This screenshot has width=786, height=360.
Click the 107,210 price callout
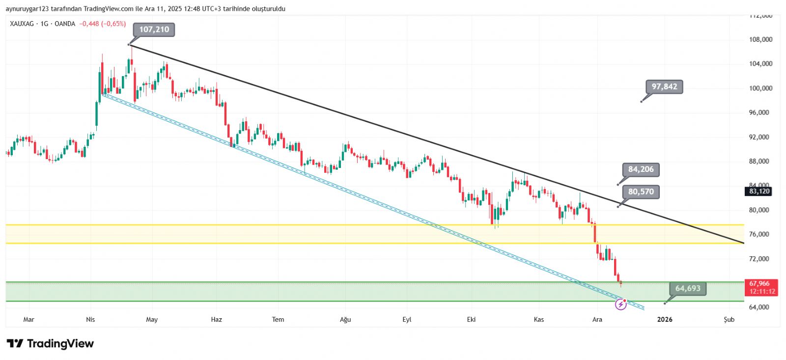[x=154, y=29]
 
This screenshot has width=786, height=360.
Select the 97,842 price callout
[x=664, y=87]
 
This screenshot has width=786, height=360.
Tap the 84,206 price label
[x=641, y=169]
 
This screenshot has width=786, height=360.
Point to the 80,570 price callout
[x=641, y=192]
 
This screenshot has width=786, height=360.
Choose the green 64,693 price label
[x=687, y=288]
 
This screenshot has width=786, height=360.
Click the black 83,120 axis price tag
[x=759, y=192]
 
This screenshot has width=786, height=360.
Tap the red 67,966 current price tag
[x=759, y=283]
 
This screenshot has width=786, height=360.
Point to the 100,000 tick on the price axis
[x=760, y=88]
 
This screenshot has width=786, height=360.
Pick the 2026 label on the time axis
[x=665, y=320]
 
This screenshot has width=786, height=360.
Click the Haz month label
[x=216, y=320]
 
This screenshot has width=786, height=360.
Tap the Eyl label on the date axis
[x=407, y=320]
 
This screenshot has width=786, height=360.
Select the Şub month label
[x=729, y=320]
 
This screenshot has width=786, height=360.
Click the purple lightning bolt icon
[x=621, y=305]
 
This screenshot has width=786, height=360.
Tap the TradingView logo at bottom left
[x=50, y=344]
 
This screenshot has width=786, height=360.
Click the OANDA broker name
[x=65, y=24]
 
